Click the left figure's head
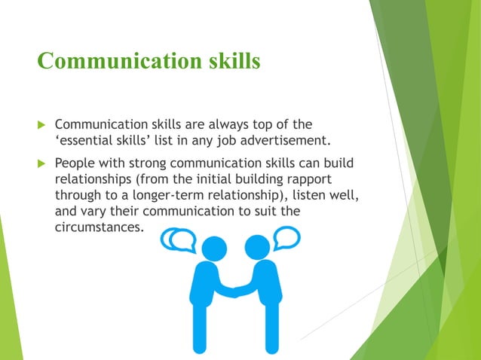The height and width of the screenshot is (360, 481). (x=214, y=247)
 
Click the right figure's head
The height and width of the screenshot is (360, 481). (x=258, y=246)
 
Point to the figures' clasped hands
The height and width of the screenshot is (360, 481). (x=234, y=290)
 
